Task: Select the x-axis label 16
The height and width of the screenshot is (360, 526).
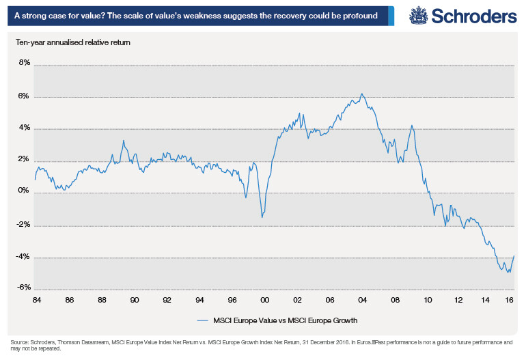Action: click(x=509, y=300)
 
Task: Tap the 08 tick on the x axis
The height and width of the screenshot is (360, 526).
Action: click(x=395, y=300)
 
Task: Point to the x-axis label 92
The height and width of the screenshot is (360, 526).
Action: click(x=167, y=300)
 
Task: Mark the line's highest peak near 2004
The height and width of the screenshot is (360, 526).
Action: click(x=361, y=94)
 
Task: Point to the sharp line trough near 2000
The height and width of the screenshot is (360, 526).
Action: click(x=262, y=217)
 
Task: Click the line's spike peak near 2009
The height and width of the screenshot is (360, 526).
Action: click(x=411, y=126)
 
